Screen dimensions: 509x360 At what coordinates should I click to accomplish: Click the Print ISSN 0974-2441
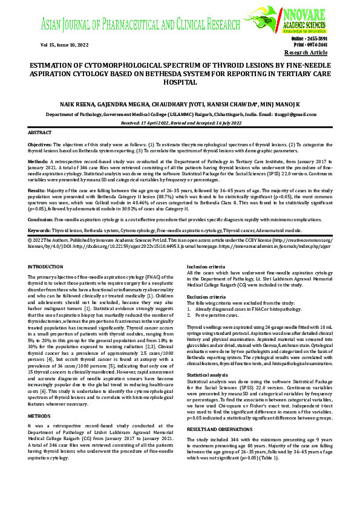[310, 45]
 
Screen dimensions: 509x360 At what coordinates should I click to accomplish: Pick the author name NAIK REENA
[78, 105]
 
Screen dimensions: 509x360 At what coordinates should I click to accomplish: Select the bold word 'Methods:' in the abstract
[38, 163]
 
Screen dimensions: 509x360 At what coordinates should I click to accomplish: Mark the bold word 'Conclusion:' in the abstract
[41, 219]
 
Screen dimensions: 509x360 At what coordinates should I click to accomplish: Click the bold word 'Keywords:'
[39, 230]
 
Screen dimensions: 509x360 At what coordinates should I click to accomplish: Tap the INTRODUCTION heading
[47, 266]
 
